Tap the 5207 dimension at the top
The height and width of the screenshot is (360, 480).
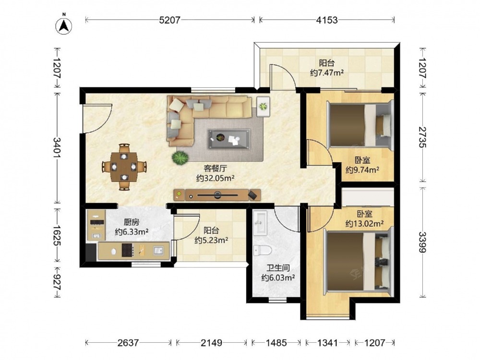[x=170, y=20]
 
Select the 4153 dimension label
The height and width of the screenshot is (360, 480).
[x=327, y=20]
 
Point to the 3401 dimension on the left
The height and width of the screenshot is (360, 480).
[x=57, y=147]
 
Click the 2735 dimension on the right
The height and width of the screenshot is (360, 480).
[x=422, y=137]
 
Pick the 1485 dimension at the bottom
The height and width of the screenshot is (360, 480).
[x=276, y=343]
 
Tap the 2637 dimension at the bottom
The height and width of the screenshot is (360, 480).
[x=128, y=343]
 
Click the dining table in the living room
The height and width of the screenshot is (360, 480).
[x=124, y=167]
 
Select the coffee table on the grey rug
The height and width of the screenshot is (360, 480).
[x=228, y=139]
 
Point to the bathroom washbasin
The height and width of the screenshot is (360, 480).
[x=260, y=223]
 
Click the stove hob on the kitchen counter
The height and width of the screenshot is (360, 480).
[x=128, y=250]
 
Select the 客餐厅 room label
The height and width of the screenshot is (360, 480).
[x=216, y=168]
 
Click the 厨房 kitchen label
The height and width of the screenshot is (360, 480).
[x=132, y=222]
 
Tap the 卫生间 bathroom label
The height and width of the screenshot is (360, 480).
[x=278, y=268]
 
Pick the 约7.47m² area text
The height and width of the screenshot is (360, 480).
[x=326, y=73]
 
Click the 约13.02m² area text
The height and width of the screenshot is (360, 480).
[x=364, y=224]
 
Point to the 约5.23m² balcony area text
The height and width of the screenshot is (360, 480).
[x=211, y=240]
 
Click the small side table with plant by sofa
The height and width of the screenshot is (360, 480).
[x=263, y=106]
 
